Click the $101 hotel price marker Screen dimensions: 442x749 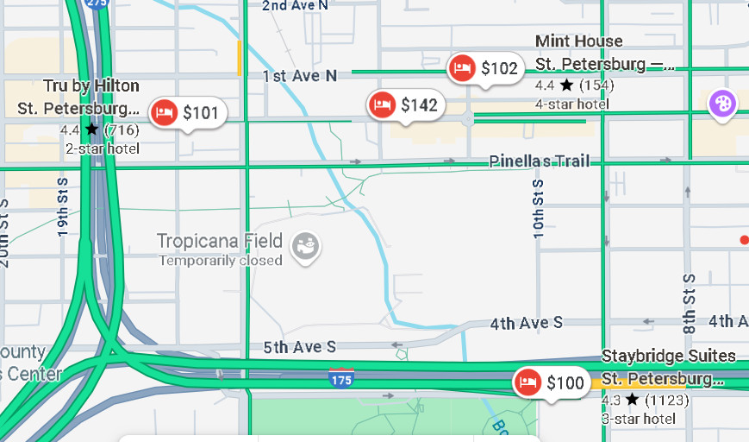tap(188, 113)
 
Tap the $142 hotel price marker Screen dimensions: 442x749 tap(404, 105)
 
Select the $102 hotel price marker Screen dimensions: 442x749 tap(485, 68)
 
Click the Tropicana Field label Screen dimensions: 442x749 tap(220, 241)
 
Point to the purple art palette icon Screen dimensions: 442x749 tap(722, 104)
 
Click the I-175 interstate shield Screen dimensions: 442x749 tap(341, 377)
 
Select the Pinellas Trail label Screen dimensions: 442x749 tap(540, 161)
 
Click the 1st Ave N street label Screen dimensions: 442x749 tap(299, 76)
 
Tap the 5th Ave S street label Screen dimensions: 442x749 tap(299, 347)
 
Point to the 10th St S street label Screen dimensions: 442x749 tap(539, 208)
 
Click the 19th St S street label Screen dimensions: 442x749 tap(63, 208)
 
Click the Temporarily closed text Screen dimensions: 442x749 tap(221, 260)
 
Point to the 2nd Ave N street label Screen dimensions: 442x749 tap(295, 5)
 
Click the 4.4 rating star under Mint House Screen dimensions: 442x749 tap(566, 85)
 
